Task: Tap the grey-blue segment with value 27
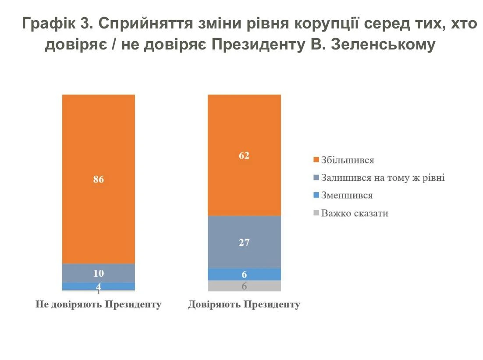pyautogui.click(x=244, y=242)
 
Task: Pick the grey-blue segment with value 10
pyautogui.click(x=98, y=273)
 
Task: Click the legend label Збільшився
pyautogui.click(x=348, y=160)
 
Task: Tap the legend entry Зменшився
pyautogui.click(x=347, y=196)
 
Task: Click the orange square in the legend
pyautogui.click(x=317, y=160)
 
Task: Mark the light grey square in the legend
pyautogui.click(x=317, y=214)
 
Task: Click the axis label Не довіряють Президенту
pyautogui.click(x=98, y=305)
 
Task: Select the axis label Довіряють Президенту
pyautogui.click(x=244, y=305)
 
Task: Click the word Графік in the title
pyautogui.click(x=48, y=24)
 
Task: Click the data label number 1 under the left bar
pyautogui.click(x=99, y=292)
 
